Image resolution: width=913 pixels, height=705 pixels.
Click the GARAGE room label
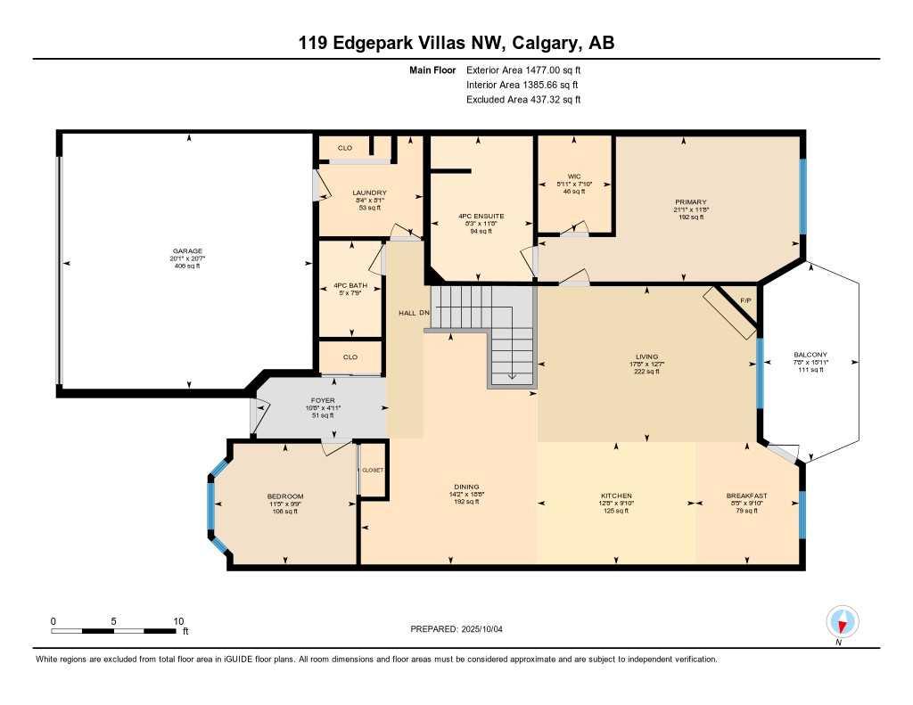click(187, 250)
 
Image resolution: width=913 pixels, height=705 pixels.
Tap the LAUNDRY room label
click(369, 193)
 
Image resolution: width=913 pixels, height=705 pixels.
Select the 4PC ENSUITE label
click(481, 216)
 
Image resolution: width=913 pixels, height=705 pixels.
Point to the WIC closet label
click(575, 176)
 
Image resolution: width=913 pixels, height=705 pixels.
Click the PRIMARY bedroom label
click(690, 201)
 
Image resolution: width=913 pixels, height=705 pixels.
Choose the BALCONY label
click(810, 354)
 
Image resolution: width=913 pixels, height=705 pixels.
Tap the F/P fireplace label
click(746, 300)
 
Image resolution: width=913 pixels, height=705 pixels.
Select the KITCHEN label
click(616, 496)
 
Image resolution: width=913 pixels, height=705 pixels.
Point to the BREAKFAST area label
click(746, 496)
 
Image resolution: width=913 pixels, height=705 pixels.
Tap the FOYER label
click(323, 400)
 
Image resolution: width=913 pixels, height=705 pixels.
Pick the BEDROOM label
click(285, 496)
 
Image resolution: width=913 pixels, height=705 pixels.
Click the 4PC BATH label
click(350, 285)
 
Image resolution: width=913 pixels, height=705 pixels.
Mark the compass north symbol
click(841, 621)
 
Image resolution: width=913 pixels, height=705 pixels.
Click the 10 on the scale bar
click(178, 621)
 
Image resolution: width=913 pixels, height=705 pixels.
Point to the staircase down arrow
click(512, 376)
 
